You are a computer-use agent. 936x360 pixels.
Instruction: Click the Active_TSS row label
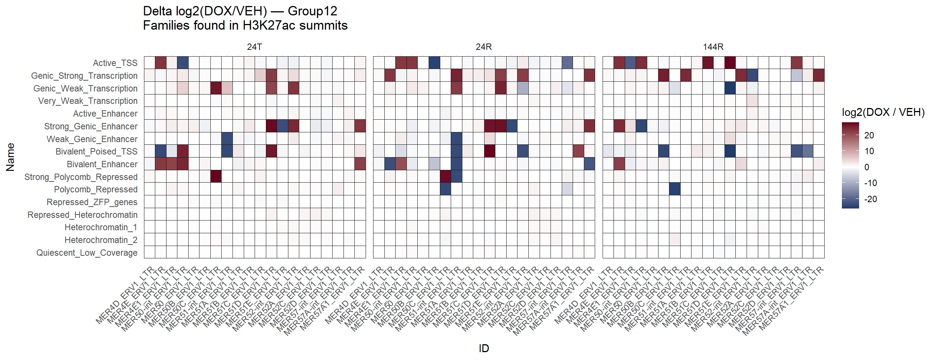click(x=115, y=63)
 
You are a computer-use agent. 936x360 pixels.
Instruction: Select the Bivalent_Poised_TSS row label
click(x=96, y=151)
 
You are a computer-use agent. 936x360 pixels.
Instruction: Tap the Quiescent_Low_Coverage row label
click(x=87, y=253)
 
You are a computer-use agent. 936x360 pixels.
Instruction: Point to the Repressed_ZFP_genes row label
click(x=92, y=202)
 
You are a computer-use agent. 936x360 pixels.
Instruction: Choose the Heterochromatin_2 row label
click(x=101, y=240)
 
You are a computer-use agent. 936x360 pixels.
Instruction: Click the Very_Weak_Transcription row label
click(x=88, y=101)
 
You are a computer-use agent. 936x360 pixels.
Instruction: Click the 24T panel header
click(x=254, y=47)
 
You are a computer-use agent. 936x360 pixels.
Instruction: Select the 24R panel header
click(x=483, y=47)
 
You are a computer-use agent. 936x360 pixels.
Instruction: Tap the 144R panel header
click(x=713, y=47)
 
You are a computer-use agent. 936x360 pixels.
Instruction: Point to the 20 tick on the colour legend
click(x=869, y=135)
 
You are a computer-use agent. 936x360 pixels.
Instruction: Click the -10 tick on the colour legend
click(x=870, y=183)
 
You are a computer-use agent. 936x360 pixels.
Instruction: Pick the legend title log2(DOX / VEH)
click(x=883, y=112)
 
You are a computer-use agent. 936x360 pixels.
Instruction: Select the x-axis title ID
click(x=484, y=348)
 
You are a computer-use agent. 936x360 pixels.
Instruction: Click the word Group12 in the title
click(x=312, y=11)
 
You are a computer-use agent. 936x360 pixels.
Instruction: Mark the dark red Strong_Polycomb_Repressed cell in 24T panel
click(x=216, y=176)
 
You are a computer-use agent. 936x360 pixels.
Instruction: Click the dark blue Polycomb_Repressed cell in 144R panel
click(x=675, y=189)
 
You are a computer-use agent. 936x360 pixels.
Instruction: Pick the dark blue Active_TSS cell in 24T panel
click(x=183, y=63)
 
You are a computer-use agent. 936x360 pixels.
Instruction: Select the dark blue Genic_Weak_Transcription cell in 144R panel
click(x=730, y=88)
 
